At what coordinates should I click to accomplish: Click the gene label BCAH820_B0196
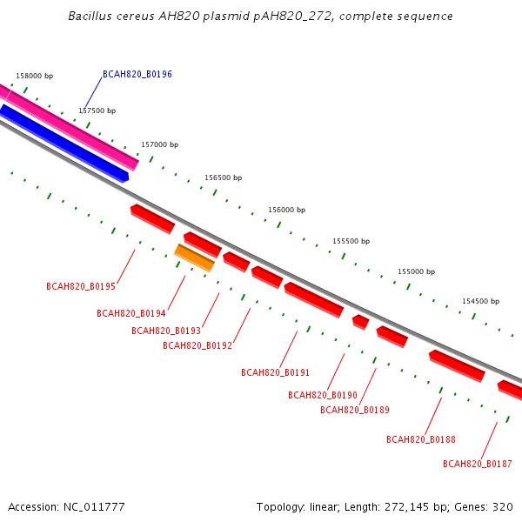[137, 74]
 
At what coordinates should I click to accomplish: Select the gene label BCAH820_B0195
[81, 286]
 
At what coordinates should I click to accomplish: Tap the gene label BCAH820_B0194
[131, 313]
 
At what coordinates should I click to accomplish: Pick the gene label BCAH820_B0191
[275, 372]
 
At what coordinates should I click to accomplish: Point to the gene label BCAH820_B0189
[355, 410]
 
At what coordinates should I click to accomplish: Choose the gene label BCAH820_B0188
[421, 439]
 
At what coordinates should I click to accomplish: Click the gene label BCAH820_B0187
[478, 464]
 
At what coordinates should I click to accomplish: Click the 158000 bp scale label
[35, 76]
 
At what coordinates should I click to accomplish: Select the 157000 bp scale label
[160, 144]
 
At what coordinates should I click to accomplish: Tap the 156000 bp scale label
[287, 210]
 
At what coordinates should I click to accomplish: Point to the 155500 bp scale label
[351, 241]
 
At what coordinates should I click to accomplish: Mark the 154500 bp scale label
[481, 301]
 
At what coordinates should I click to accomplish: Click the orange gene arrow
[194, 258]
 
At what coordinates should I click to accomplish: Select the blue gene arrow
[64, 143]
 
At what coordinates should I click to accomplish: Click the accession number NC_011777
[94, 507]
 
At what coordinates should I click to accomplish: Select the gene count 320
[503, 507]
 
